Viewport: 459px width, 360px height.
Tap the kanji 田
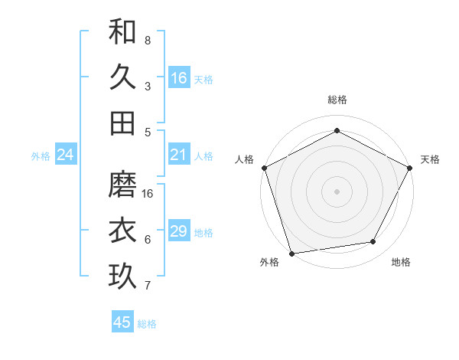tap(122, 123)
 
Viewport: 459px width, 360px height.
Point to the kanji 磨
tap(122, 184)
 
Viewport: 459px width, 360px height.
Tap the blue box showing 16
tap(179, 78)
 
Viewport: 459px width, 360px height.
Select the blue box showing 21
tap(179, 155)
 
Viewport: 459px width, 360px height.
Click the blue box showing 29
tap(179, 231)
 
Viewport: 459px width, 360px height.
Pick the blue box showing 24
tap(66, 155)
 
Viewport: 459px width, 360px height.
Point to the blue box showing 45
tap(122, 322)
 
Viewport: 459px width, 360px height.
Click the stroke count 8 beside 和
tap(147, 40)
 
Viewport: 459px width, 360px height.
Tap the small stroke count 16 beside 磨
tap(148, 193)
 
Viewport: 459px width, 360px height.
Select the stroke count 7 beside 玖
tap(147, 286)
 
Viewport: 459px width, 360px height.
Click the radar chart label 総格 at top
tap(337, 100)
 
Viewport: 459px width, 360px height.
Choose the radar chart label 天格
tap(430, 159)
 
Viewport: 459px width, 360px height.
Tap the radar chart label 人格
tap(245, 159)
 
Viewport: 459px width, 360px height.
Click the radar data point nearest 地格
tap(373, 242)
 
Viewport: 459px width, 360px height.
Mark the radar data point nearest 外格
tap(291, 253)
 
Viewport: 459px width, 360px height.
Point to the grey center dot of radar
tap(337, 191)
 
